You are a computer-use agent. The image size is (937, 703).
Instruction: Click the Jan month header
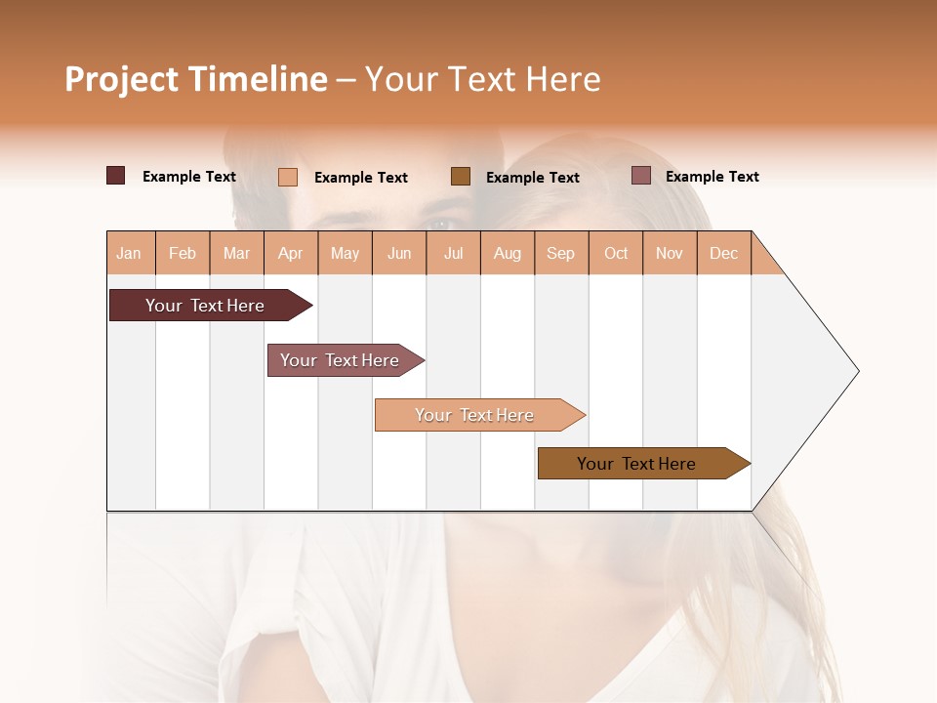point(130,253)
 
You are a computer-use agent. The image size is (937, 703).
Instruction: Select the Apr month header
point(291,253)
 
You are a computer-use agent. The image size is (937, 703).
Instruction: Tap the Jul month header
point(453,253)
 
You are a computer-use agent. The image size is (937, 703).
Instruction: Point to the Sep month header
point(561,253)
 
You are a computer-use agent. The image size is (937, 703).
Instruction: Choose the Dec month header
point(723,253)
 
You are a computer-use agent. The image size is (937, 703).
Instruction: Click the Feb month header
point(183,253)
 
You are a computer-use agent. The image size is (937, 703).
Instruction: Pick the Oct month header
point(616,253)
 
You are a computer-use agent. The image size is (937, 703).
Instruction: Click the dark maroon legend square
point(116,176)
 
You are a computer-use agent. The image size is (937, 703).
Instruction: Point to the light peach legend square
point(288,177)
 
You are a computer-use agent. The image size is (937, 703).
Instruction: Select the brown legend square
point(461,176)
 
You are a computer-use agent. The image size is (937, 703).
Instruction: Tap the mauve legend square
point(640,176)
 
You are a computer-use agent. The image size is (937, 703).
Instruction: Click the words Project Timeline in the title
point(195,79)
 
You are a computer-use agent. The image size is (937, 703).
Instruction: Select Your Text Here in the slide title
point(482,79)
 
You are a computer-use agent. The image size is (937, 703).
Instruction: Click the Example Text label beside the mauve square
point(712,177)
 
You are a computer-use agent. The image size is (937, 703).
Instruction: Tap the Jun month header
point(399,253)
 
